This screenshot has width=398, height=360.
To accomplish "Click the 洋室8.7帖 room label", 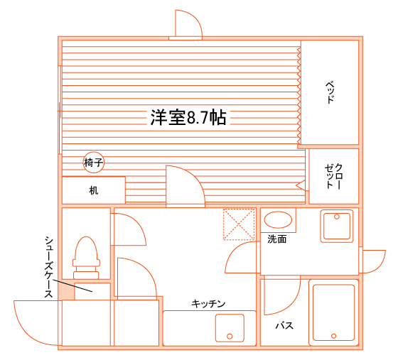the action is [188, 117].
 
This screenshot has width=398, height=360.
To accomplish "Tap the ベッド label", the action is [330, 92].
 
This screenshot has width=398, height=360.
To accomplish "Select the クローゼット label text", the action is [334, 176].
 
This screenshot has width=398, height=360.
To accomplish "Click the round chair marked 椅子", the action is [94, 163].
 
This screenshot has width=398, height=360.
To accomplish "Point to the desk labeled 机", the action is [94, 190].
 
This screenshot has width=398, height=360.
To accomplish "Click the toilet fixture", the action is [86, 258].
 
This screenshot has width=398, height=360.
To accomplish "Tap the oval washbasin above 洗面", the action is [278, 220].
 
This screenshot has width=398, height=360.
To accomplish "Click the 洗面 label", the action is [277, 239].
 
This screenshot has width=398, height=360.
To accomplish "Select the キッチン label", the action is [208, 303].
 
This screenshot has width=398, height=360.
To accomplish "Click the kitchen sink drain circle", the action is [230, 337].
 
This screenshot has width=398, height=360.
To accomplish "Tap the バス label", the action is [284, 325].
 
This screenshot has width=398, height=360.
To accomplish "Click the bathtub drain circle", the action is [334, 336].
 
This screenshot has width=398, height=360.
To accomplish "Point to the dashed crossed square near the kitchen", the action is [239, 224].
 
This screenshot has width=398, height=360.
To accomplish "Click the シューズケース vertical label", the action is [49, 267].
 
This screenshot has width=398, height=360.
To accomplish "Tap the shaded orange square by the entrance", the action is [66, 291].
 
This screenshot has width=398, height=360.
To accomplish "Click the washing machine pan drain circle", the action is [337, 217].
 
